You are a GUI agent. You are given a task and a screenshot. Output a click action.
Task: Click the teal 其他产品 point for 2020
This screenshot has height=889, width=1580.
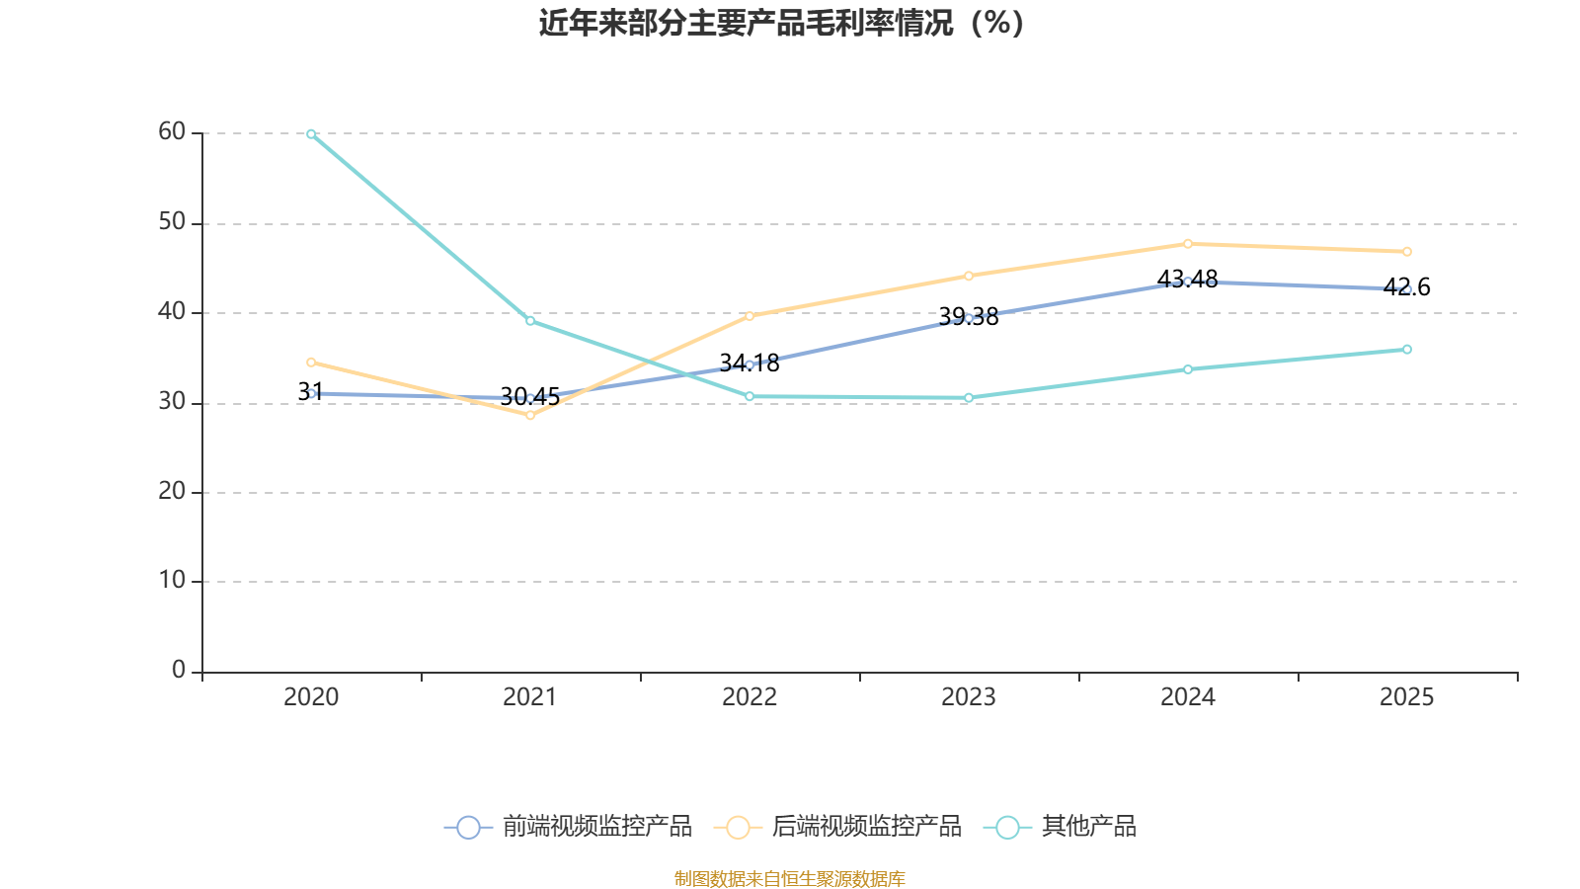[x=311, y=133]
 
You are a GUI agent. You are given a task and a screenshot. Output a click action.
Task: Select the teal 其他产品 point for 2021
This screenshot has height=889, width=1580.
[x=530, y=320]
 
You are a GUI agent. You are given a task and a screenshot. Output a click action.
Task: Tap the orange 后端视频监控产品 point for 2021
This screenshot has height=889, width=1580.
[x=530, y=415]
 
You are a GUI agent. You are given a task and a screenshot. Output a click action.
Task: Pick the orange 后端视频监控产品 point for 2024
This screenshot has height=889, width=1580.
[x=1188, y=243]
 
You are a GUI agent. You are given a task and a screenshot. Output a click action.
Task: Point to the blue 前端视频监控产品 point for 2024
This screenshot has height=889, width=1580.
[x=1188, y=282]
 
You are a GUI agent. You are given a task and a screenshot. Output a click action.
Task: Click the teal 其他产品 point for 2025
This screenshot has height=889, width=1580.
[x=1407, y=349]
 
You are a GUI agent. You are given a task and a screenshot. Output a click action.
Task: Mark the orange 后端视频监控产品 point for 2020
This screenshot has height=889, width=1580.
[x=311, y=362]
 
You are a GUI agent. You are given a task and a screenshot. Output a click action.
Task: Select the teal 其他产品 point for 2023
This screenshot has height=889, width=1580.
[x=969, y=397]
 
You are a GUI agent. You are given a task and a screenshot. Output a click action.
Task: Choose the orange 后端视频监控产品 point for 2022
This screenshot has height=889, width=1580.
[x=750, y=316]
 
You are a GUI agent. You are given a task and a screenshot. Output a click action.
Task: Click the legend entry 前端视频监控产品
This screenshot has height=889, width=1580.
[x=570, y=827]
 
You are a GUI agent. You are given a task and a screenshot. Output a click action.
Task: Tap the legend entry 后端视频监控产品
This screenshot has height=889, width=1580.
[x=838, y=827]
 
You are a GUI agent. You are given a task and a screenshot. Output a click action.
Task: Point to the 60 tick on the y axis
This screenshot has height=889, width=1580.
[x=172, y=132]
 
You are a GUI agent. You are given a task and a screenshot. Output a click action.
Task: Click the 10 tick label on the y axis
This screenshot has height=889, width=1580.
[x=172, y=581]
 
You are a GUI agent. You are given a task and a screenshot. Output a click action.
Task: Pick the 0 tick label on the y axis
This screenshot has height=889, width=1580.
[x=179, y=671]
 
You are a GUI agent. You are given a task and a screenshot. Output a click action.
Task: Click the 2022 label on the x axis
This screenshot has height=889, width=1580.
[x=750, y=697]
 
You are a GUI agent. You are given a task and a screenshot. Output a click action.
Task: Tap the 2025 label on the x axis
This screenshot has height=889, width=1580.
[x=1407, y=697]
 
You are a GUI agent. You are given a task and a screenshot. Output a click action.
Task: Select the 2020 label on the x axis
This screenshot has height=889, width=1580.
[x=311, y=697]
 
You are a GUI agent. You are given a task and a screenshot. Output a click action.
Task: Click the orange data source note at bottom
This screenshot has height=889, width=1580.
[x=790, y=878]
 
